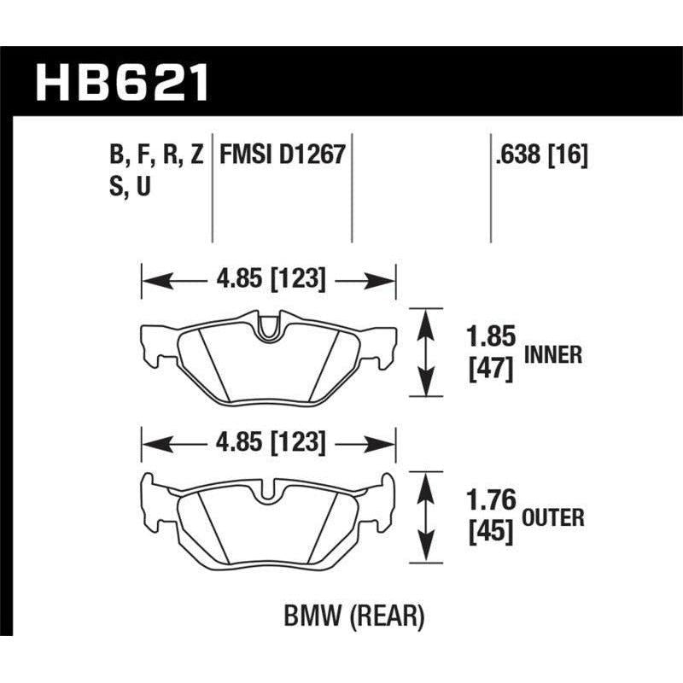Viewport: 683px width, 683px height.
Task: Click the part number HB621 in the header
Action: tap(121, 84)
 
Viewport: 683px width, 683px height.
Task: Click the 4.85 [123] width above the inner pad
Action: tap(269, 279)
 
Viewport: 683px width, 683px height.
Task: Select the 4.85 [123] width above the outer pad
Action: tap(269, 443)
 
